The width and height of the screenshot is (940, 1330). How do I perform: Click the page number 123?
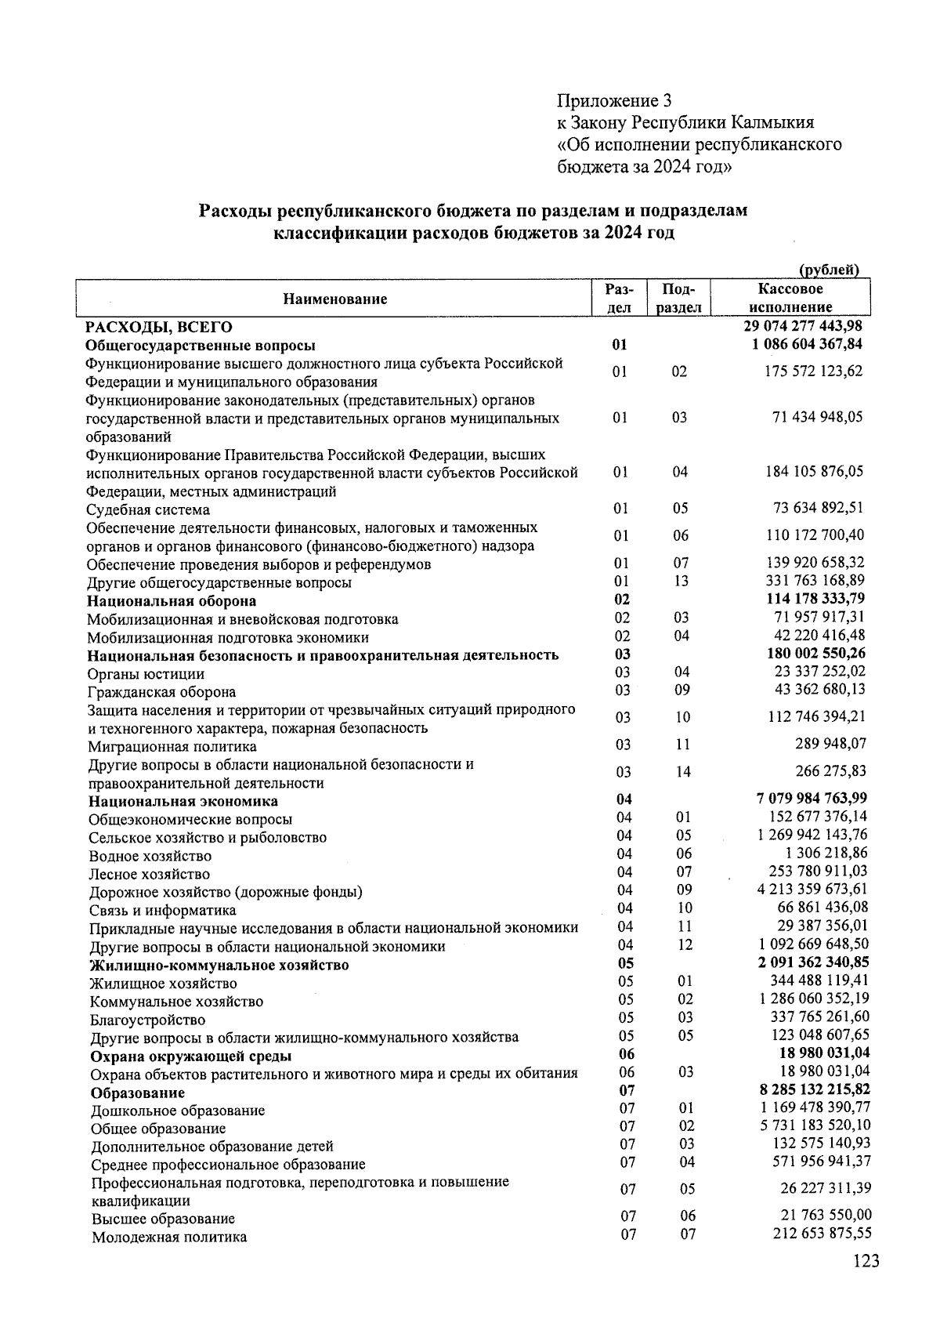pos(866,1261)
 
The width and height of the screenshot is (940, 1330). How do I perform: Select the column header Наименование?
pos(335,299)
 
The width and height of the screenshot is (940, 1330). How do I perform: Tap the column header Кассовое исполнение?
pos(796,299)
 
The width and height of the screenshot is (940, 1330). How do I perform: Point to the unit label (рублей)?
pos(829,270)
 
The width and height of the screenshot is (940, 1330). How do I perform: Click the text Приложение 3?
pos(614,100)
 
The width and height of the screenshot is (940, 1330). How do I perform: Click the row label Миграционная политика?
pos(172,746)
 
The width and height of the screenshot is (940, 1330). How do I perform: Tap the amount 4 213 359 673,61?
pos(812,889)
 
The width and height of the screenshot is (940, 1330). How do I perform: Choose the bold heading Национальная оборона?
pos(172,601)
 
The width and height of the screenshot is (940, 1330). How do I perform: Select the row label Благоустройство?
pos(147,1020)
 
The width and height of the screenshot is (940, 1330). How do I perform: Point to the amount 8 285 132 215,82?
pos(814,1089)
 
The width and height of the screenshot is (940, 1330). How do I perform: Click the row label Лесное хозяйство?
pos(149,874)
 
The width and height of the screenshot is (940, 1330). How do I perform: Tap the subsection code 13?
pos(681,581)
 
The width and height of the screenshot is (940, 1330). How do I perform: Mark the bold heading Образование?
pos(138,1093)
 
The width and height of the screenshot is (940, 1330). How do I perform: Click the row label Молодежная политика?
pos(169,1237)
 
